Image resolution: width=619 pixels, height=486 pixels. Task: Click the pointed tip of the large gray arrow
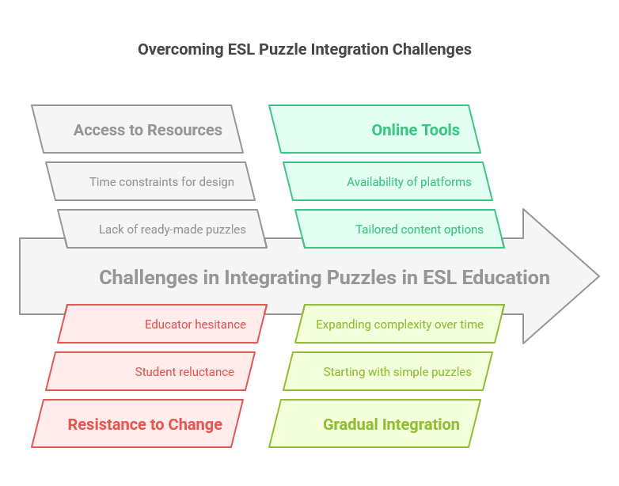click(597, 276)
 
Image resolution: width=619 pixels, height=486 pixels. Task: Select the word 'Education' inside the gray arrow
click(507, 278)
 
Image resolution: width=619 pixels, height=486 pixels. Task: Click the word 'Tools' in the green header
click(440, 130)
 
